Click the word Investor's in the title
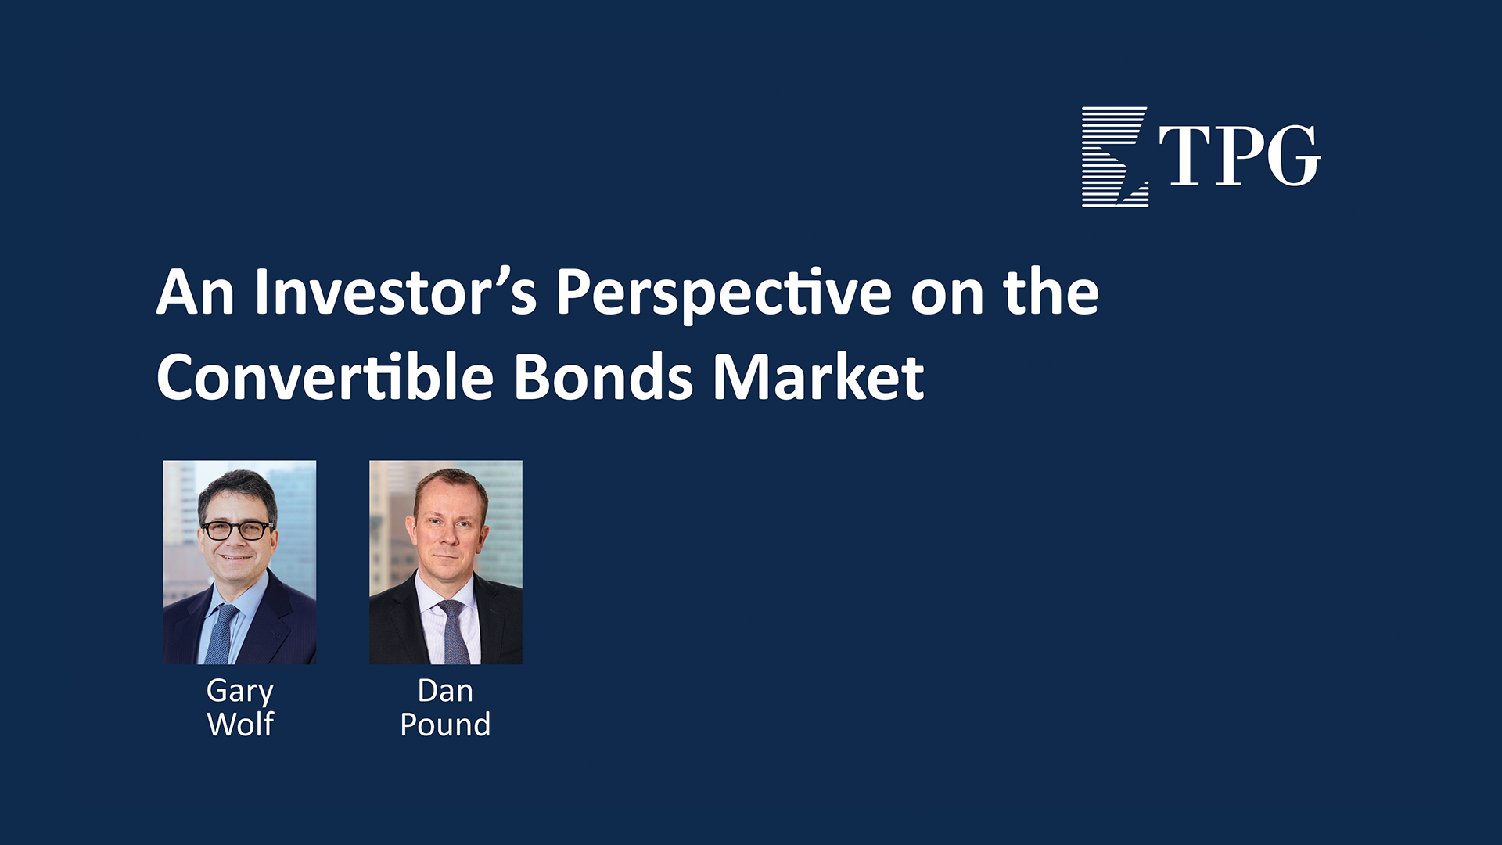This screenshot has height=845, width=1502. coord(396,292)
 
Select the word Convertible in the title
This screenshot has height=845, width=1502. coord(325,377)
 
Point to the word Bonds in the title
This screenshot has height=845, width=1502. coord(603,377)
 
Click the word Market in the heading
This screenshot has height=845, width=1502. coord(818,377)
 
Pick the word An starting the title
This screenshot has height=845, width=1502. coord(196,292)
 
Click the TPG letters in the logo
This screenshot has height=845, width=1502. coord(1240,156)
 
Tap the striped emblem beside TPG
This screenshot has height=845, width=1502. coord(1115,156)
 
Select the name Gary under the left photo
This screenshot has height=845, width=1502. coord(240,692)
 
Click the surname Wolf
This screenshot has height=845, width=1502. coord(240,725)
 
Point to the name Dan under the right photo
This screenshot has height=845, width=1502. coord(445,691)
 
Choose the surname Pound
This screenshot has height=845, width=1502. coord(445,725)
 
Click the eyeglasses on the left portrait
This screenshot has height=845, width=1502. coord(237,530)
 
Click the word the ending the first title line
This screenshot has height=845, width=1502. coord(1051,292)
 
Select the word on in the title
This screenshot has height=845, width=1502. coord(947,299)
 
